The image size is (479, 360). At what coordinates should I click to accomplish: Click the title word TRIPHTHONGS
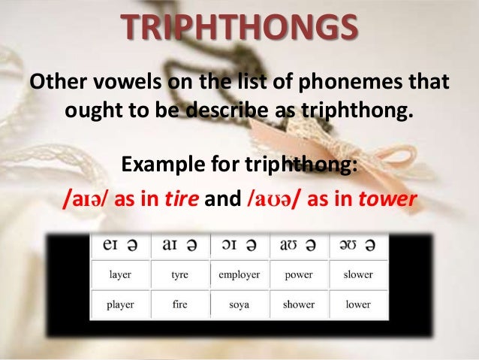(x=238, y=29)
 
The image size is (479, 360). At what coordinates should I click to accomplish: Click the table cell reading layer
(x=120, y=274)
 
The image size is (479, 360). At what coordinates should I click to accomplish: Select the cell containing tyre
(x=179, y=274)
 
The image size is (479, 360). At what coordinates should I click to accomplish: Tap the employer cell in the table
(x=239, y=274)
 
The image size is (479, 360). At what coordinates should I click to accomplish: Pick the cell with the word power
(x=299, y=274)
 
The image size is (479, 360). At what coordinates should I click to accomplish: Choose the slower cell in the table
(x=358, y=274)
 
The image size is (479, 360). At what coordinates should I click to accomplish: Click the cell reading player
(x=120, y=304)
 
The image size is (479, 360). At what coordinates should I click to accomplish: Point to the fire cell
(x=179, y=304)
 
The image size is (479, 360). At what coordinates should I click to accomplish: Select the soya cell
(x=239, y=304)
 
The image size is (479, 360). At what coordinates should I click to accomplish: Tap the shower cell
(x=299, y=304)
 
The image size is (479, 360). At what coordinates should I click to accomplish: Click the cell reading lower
(x=358, y=304)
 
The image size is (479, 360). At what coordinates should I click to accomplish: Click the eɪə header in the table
(x=120, y=246)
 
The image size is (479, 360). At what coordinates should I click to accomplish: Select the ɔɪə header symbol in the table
(x=239, y=246)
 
